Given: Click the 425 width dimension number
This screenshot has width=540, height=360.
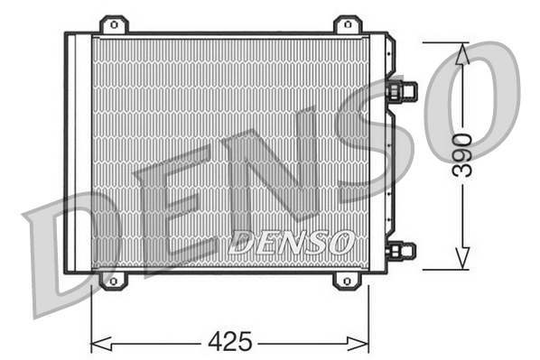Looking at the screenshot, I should [x=230, y=343].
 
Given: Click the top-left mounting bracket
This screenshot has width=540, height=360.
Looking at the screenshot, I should [x=113, y=24].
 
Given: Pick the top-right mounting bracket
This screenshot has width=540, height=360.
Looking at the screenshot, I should [x=347, y=24].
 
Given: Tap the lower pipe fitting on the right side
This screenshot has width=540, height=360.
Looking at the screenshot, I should [x=401, y=250].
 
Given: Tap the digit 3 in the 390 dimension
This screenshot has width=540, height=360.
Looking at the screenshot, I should [x=462, y=171].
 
